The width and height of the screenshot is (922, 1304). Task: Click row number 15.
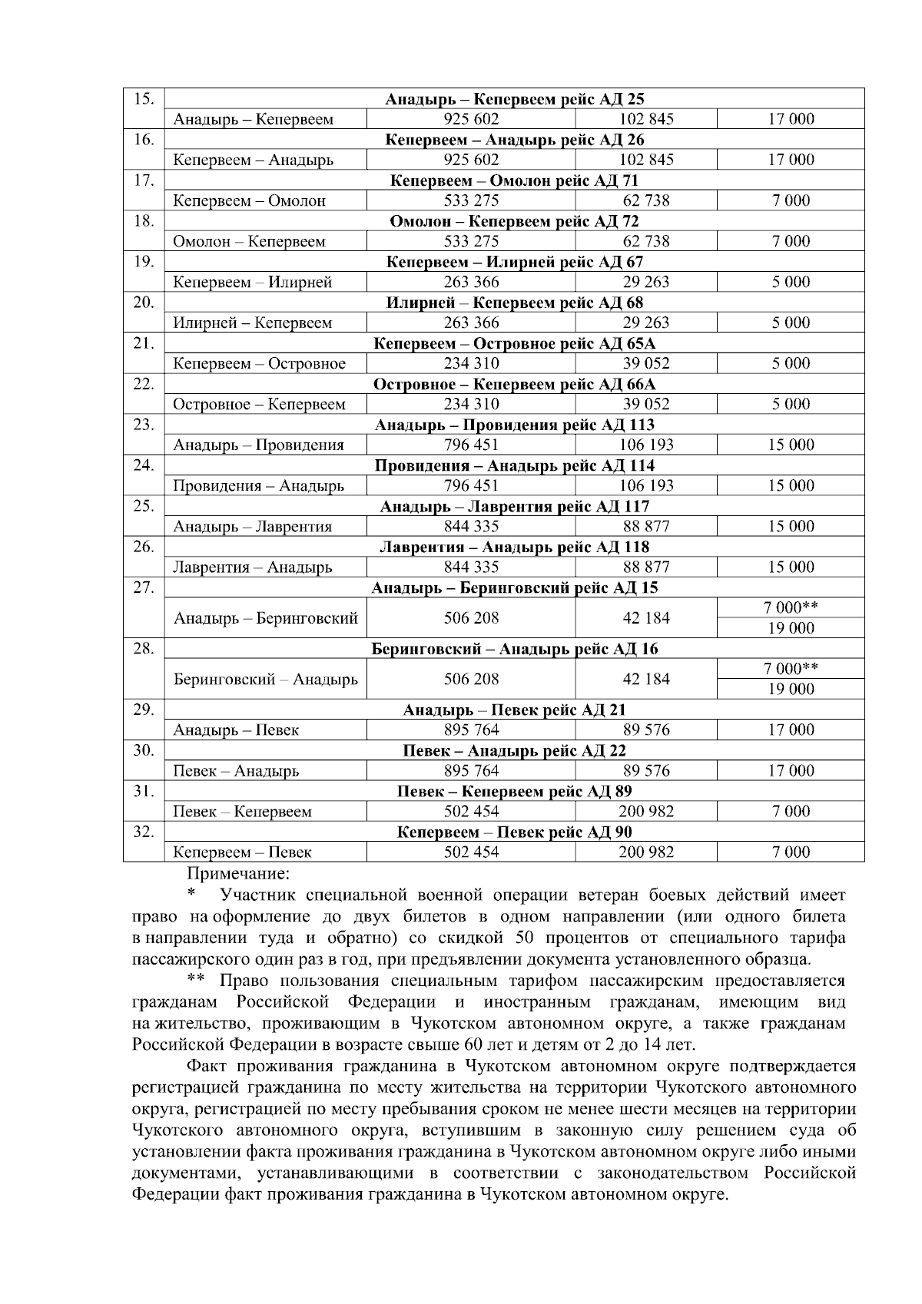point(144,98)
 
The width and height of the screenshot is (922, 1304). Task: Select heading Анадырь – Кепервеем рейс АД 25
point(514,99)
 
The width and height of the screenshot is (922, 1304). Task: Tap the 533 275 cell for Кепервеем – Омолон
point(471,200)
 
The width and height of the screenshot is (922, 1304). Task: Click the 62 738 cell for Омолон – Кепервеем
point(646,241)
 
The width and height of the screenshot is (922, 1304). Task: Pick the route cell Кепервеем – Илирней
point(253,282)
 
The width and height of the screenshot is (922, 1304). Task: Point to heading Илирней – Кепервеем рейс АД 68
point(514,303)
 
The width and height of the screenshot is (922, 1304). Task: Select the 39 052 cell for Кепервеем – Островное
point(646,363)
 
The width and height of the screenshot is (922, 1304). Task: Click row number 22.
point(144,383)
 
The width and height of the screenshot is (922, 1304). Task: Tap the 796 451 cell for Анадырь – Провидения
point(471,445)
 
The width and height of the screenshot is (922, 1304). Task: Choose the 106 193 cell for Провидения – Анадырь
point(646,485)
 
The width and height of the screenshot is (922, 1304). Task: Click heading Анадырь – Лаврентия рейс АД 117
point(514,506)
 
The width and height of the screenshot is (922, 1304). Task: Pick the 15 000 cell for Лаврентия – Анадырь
point(791,567)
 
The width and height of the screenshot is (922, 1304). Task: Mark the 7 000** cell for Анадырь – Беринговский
point(791,607)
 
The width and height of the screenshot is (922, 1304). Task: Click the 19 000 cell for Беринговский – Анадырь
point(791,689)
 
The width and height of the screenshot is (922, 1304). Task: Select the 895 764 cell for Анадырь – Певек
point(471,730)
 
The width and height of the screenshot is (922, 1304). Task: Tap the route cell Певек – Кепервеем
point(242,812)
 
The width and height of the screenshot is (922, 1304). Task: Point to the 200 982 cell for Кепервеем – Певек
point(646,852)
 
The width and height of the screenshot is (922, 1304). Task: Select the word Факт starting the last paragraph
point(207,1066)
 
